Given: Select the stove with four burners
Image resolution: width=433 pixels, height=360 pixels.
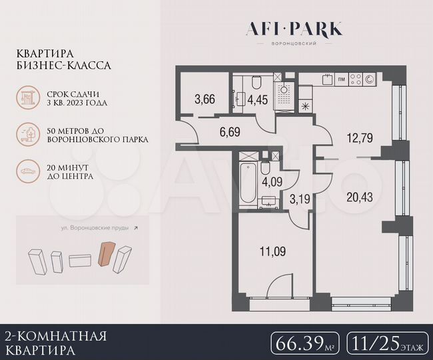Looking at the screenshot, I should click(362, 79).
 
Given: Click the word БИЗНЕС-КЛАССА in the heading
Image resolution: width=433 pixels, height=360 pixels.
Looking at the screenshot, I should click(65, 66).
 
